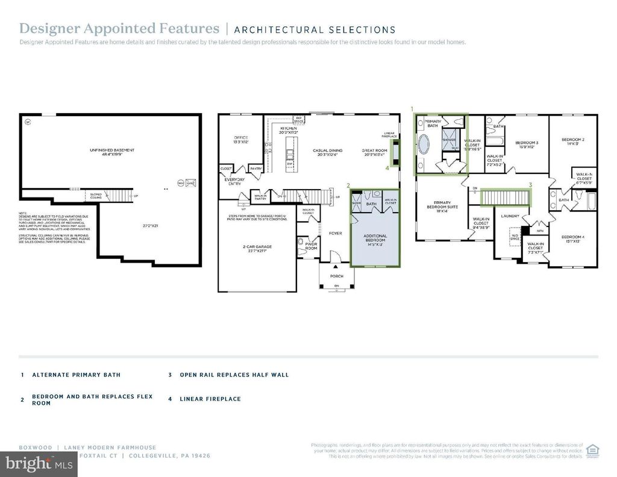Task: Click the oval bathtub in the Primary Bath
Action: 425,146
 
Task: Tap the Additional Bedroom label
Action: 375,238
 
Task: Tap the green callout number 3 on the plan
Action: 530,184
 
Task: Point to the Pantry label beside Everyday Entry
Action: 256,168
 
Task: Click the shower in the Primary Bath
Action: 449,140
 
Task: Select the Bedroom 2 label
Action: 573,141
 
